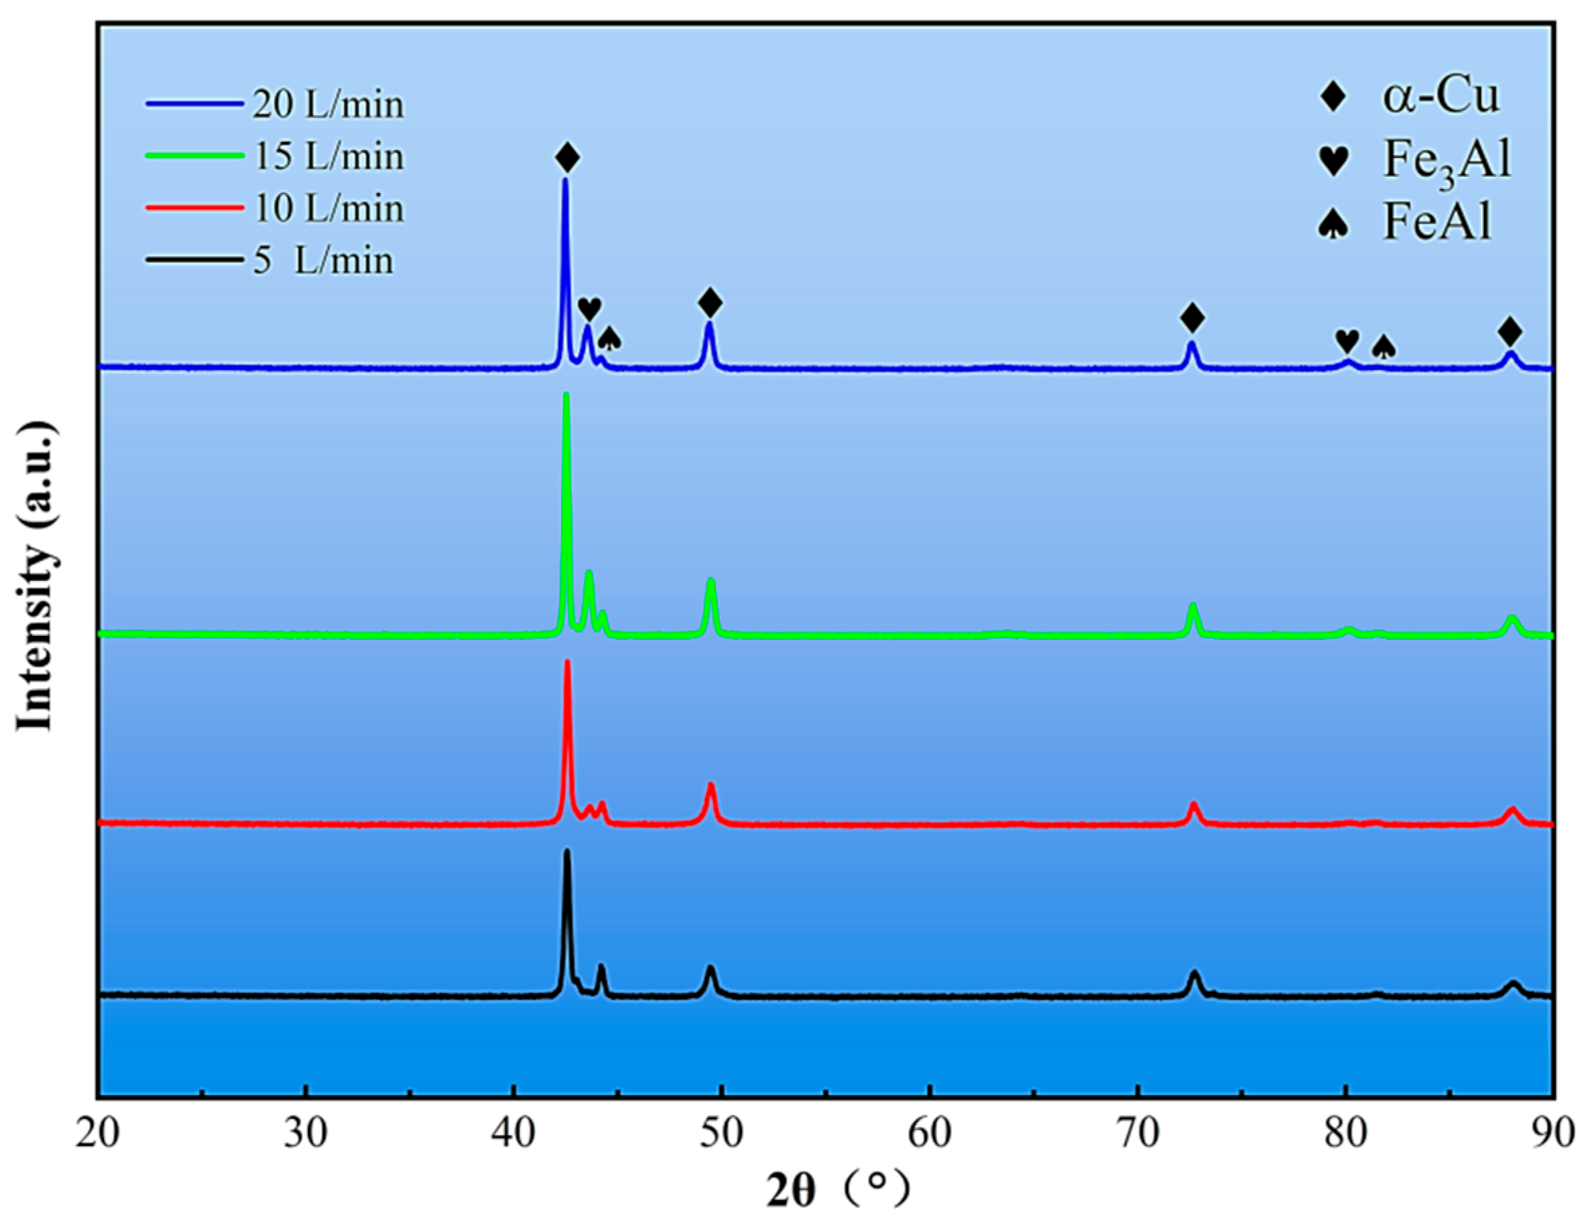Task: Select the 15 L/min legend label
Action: click(327, 156)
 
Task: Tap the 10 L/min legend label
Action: click(327, 208)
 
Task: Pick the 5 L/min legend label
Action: click(323, 260)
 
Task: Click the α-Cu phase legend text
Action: click(1441, 97)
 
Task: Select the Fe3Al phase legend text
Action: click(1446, 160)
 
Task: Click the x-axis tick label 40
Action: click(513, 1135)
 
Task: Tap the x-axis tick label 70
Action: click(1138, 1135)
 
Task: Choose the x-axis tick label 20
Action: click(98, 1135)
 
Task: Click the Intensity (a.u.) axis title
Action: click(36, 574)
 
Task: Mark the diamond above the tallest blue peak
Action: click(567, 157)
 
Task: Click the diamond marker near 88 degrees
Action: click(1510, 332)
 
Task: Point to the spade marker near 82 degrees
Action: click(1384, 347)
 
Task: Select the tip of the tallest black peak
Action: click(567, 852)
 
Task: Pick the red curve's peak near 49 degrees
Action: click(711, 785)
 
